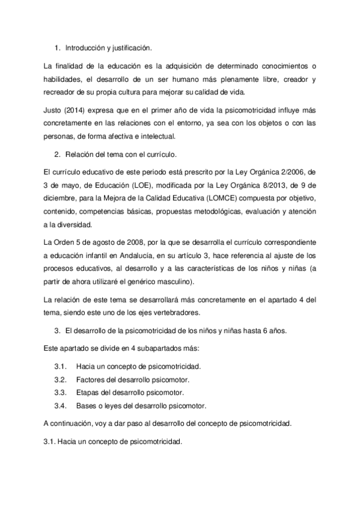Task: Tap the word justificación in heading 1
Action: coord(132,47)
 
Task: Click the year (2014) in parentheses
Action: coord(78,111)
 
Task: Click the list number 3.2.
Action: coord(59,379)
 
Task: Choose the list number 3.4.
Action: coord(59,406)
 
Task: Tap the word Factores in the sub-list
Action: coord(91,379)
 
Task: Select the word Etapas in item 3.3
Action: coord(88,393)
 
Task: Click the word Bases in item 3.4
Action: coord(87,406)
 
